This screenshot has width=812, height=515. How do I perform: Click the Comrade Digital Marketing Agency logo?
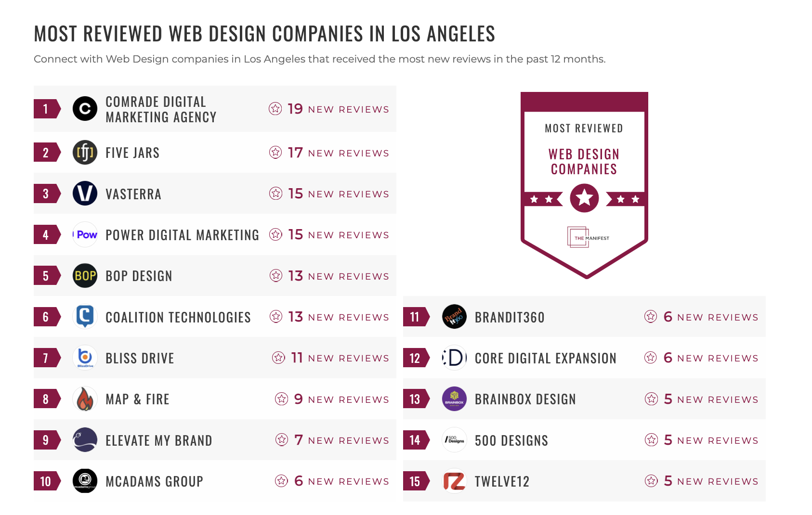85,109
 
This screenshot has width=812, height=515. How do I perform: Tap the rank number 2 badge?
46,153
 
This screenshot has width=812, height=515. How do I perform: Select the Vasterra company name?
133,194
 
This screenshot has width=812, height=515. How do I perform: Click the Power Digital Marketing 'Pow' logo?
85,235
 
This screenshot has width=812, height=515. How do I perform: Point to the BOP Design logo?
85,276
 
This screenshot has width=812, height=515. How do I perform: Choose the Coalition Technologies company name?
178,317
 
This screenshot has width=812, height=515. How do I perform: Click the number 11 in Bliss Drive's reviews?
297,358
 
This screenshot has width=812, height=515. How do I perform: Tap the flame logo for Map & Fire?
85,399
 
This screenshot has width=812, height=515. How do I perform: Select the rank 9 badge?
46,440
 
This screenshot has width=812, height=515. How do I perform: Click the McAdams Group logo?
85,481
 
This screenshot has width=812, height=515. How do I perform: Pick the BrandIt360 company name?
510,317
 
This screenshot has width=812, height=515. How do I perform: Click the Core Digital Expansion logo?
454,358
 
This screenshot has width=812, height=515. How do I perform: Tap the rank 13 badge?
415,399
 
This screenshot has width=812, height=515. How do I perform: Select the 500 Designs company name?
511,440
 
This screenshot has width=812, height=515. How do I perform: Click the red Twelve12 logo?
454,481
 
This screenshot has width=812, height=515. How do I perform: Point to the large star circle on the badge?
584,198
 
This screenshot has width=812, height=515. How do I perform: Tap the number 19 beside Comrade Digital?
295,109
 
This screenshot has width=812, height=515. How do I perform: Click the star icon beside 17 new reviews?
275,153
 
